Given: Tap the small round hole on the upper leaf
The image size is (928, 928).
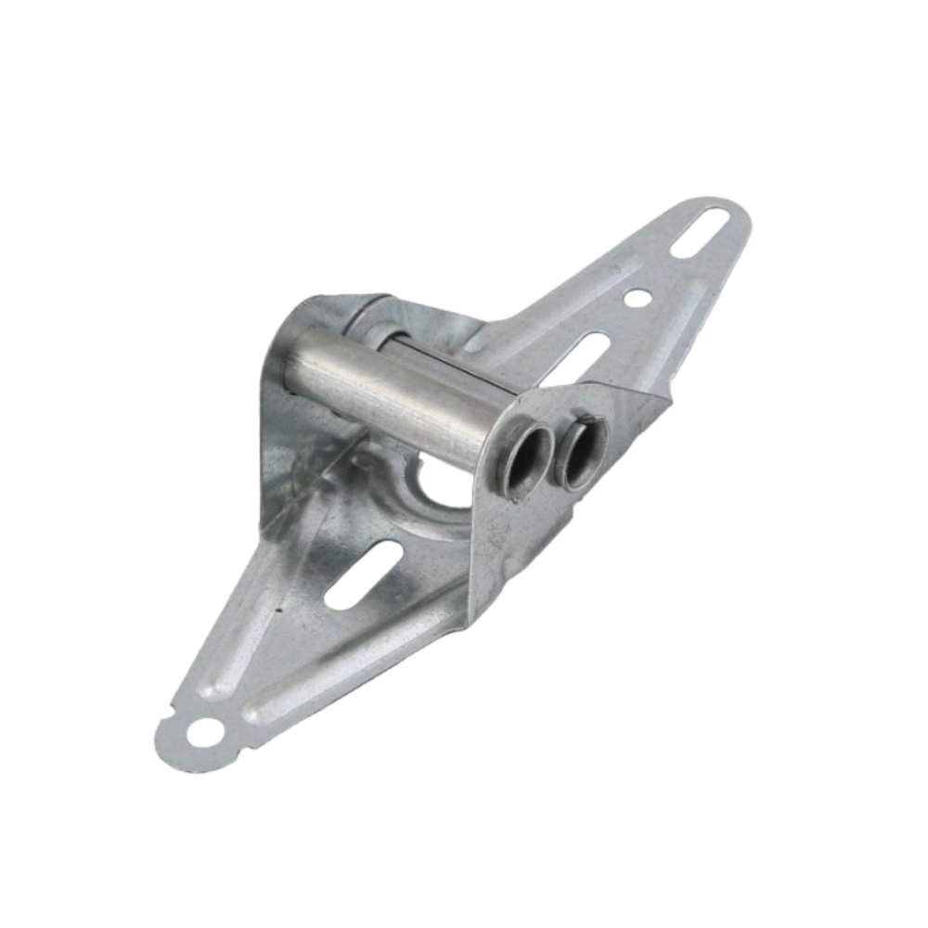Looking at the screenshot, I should [x=637, y=298].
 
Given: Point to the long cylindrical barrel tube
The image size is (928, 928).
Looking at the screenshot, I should [x=390, y=390].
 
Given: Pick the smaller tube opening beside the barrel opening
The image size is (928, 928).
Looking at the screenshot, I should [x=583, y=452].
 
